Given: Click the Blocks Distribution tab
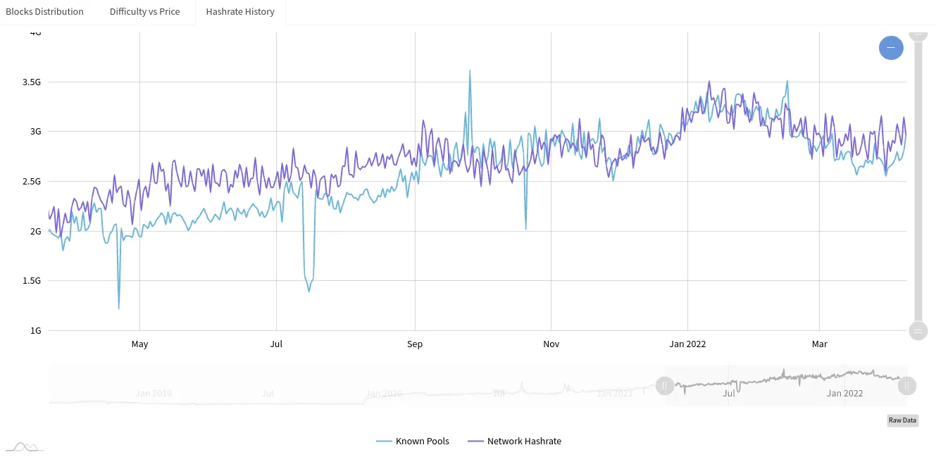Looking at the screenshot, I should pyautogui.click(x=44, y=12).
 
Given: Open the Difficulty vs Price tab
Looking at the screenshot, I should pyautogui.click(x=144, y=12).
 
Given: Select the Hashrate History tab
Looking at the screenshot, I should pyautogui.click(x=240, y=12).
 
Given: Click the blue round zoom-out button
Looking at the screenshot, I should pyautogui.click(x=891, y=48).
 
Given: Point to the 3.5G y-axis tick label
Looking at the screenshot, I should pyautogui.click(x=32, y=82).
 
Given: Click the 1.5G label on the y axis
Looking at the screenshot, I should pyautogui.click(x=32, y=281).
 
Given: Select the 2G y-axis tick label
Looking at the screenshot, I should pyautogui.click(x=35, y=232).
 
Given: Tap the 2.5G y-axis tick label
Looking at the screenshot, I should pyautogui.click(x=32, y=182).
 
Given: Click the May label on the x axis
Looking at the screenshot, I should pyautogui.click(x=139, y=344).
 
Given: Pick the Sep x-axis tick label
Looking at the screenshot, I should pyautogui.click(x=415, y=344).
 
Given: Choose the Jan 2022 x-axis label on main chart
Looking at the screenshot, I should pyautogui.click(x=687, y=344).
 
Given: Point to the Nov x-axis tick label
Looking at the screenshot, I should pyautogui.click(x=551, y=344).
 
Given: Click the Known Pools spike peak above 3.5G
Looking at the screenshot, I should pyautogui.click(x=470, y=70).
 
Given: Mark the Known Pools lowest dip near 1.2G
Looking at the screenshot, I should pyautogui.click(x=118, y=308).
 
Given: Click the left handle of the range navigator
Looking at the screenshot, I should pyautogui.click(x=664, y=386).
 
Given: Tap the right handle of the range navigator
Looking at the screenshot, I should pyautogui.click(x=907, y=386).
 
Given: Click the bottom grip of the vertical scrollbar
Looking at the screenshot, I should pyautogui.click(x=918, y=331).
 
